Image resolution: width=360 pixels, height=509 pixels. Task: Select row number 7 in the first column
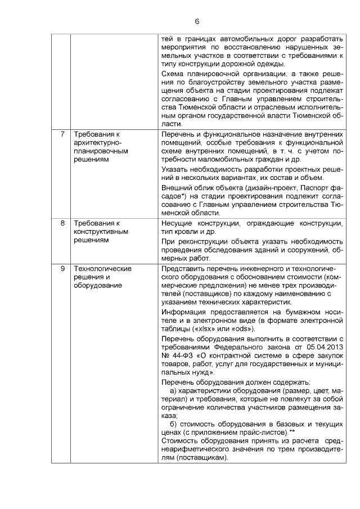tap(61, 134)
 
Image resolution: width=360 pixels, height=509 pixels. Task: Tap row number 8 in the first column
tap(61, 223)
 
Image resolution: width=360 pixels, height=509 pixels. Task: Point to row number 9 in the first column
tap(61, 268)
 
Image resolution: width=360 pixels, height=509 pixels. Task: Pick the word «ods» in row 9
tap(242, 328)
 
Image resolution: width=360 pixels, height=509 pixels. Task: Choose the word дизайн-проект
tap(267, 187)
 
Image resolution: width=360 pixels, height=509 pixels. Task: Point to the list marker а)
tap(174, 390)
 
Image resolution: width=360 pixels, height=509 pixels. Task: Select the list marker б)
tap(174, 423)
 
